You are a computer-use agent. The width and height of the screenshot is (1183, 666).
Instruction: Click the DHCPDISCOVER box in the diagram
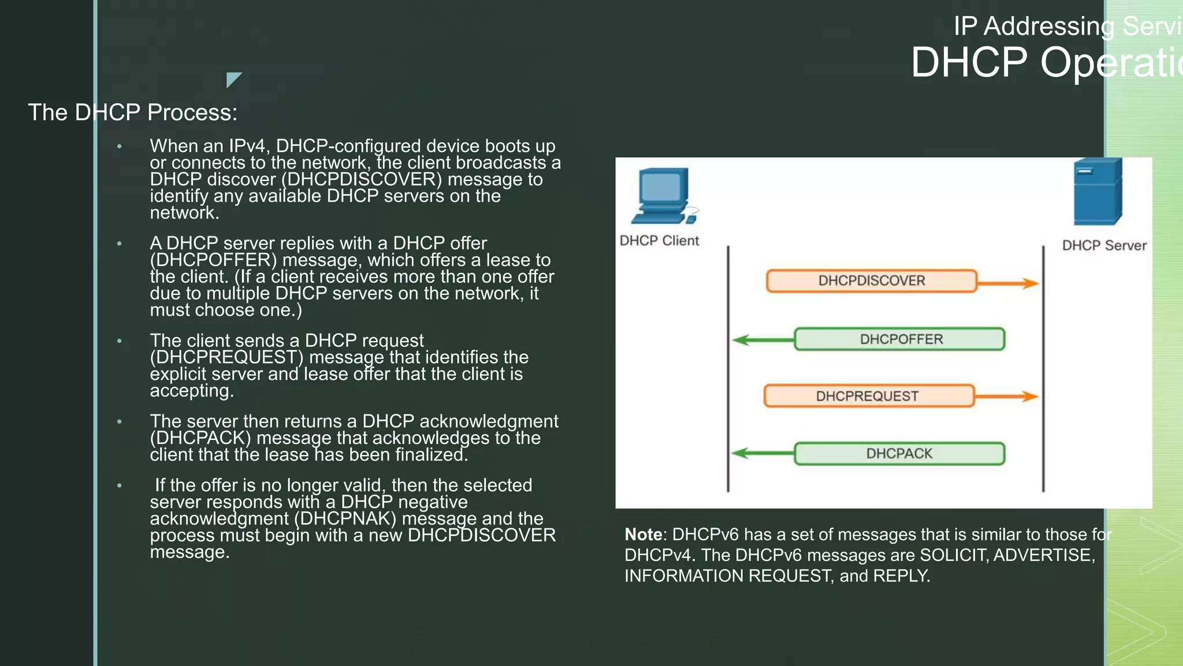(871, 281)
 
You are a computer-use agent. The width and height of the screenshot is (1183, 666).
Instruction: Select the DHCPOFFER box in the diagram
(899, 339)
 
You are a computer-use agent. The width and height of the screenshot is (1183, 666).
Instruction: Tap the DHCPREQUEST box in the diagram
(868, 396)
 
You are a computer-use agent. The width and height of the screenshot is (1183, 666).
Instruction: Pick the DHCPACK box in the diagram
(899, 454)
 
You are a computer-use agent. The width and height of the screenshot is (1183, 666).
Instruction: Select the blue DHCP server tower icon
(1097, 193)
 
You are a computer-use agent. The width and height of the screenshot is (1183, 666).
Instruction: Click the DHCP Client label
(659, 241)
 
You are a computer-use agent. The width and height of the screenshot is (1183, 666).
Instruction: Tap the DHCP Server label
(1104, 246)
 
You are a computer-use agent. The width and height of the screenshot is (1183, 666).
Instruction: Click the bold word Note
(643, 534)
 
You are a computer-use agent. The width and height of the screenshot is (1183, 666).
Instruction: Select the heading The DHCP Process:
(133, 113)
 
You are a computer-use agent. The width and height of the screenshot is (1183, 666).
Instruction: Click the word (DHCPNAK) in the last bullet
(345, 519)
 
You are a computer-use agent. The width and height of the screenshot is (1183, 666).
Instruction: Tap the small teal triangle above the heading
(232, 78)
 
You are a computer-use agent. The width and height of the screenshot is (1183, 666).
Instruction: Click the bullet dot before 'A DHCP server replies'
(120, 244)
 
